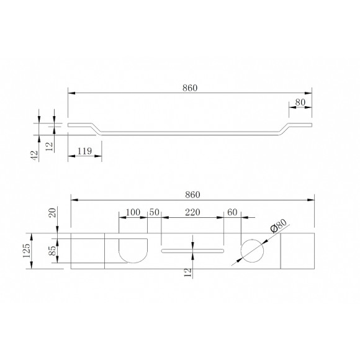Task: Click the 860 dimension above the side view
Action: click(x=190, y=88)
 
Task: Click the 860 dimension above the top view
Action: click(x=192, y=195)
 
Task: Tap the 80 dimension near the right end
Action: click(x=300, y=102)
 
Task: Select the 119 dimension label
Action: click(x=84, y=151)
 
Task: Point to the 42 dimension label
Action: click(x=34, y=155)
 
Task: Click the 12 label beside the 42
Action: click(x=49, y=146)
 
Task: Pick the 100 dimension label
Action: click(x=133, y=212)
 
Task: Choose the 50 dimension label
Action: click(x=155, y=212)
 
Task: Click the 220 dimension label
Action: click(x=192, y=212)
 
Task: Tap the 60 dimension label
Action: click(x=232, y=212)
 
